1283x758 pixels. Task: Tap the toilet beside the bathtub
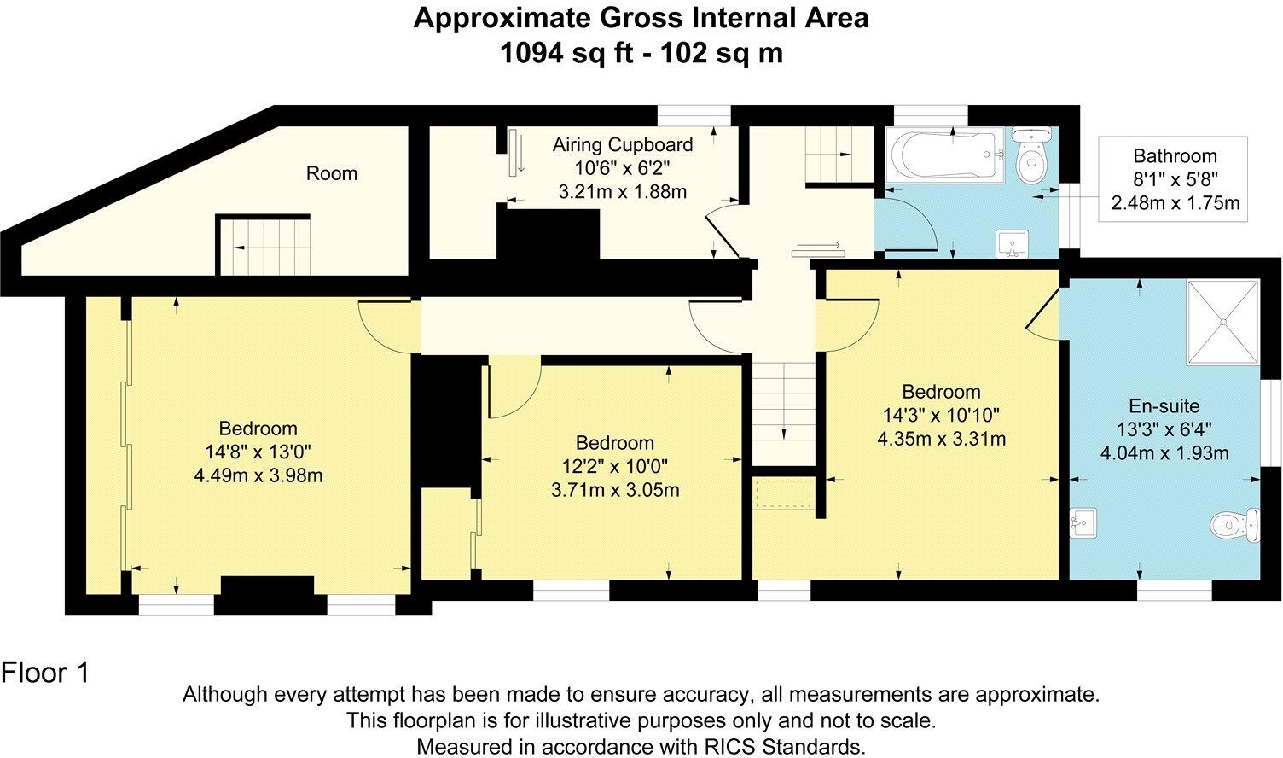[x=1032, y=155]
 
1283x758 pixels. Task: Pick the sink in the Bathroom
[x=1013, y=243]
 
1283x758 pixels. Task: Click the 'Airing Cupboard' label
[x=622, y=144]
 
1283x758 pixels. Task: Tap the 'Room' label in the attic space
[x=331, y=173]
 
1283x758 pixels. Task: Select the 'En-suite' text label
[x=1164, y=406]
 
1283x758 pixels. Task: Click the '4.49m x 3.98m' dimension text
[x=258, y=475]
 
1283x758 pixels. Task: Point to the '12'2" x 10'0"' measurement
[x=614, y=466]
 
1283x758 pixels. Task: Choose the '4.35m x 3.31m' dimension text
[x=941, y=439]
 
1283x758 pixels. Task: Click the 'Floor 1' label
[x=45, y=673]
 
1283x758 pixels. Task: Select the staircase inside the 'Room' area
[x=264, y=246]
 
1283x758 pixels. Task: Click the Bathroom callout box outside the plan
[x=1174, y=179]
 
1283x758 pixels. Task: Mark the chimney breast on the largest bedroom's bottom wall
[x=267, y=592]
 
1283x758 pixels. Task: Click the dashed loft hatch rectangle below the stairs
[x=783, y=494]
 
